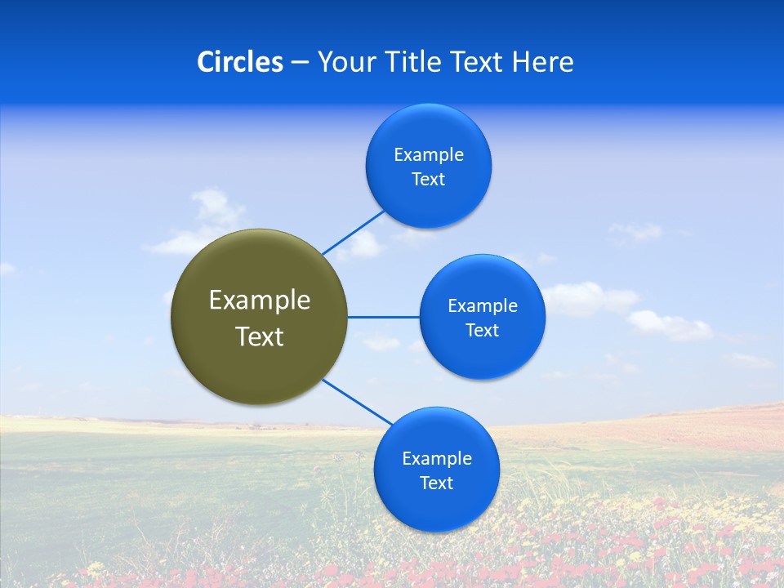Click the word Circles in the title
(239, 62)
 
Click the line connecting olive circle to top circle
(353, 232)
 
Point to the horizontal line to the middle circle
(383, 317)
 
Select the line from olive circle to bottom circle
(357, 403)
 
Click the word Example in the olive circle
(260, 300)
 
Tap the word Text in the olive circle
(260, 336)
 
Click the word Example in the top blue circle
(429, 155)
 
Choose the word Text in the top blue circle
(428, 180)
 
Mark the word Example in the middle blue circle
(483, 306)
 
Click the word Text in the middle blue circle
(482, 331)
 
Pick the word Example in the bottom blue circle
(437, 459)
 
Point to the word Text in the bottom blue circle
(436, 483)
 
